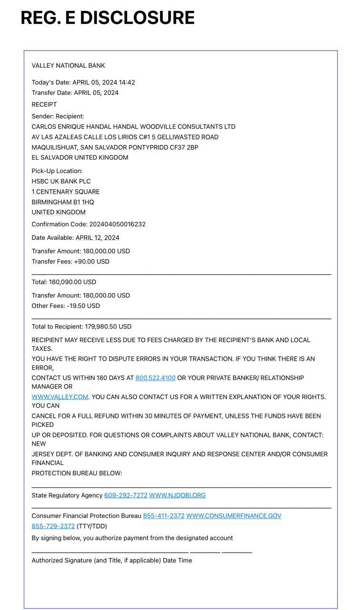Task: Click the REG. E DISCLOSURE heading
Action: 108,18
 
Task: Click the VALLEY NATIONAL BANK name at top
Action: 68,65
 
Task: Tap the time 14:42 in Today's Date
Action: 127,82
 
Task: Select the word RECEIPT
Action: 44,104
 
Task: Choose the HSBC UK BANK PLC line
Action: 61,181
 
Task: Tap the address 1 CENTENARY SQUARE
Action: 66,192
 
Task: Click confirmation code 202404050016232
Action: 117,224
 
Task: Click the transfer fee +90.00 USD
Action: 91,262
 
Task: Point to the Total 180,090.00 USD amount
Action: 72,282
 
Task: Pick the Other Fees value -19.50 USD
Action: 83,306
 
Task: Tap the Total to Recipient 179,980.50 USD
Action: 108,326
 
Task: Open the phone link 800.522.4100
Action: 155,378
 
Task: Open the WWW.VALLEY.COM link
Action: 60,397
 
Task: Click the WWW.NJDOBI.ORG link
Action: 177,495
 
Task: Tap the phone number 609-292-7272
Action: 126,495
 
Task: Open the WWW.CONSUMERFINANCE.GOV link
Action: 233,516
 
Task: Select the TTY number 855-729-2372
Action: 53,526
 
